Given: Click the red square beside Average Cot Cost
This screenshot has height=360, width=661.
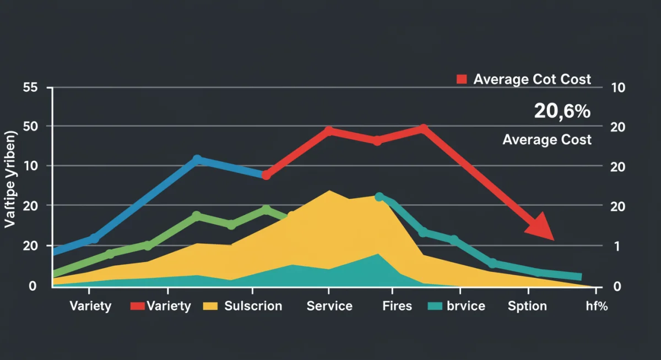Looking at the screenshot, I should (462, 79).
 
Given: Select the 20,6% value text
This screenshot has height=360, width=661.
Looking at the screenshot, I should (562, 111).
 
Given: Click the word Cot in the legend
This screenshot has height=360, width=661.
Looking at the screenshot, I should (545, 79).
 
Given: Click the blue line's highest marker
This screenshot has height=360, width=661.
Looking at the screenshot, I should (197, 160).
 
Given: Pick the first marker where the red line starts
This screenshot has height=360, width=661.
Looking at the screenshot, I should (266, 175).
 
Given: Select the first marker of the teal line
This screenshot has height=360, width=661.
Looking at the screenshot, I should (379, 197).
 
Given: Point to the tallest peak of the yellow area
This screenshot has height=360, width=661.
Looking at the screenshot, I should (329, 192).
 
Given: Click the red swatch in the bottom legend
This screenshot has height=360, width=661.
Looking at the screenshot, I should (137, 306).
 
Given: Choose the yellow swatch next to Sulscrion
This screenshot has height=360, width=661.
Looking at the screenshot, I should (210, 306).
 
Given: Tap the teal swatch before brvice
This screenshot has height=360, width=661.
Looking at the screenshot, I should (435, 306).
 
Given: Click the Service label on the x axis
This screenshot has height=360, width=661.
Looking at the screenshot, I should (329, 306).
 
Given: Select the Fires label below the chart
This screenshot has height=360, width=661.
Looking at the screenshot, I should (397, 306).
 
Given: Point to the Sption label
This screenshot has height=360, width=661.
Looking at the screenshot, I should (527, 306).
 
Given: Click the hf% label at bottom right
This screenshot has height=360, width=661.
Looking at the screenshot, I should (596, 306).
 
